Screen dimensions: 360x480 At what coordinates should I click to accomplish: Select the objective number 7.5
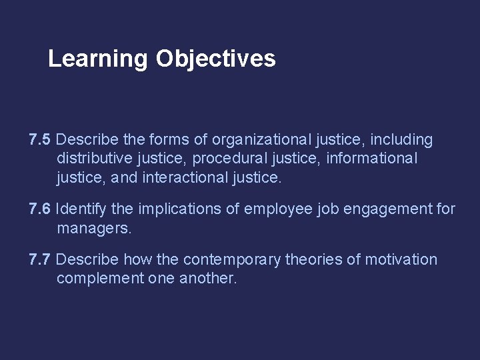pos(40,140)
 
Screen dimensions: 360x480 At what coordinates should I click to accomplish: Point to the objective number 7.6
pos(40,210)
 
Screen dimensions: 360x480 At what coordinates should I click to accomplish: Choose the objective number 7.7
pos(40,259)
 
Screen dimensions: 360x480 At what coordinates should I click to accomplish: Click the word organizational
pos(261,140)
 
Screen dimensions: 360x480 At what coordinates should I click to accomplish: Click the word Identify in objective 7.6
pos(80,210)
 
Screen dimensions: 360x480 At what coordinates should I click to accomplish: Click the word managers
pos(95,229)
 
